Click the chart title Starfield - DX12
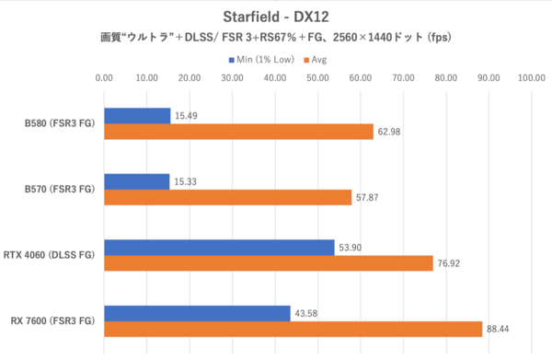click(x=275, y=17)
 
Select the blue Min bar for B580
click(x=137, y=115)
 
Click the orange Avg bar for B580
click(x=238, y=132)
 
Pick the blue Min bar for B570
click(x=137, y=181)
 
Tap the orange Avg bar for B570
click(x=227, y=197)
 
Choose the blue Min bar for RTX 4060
click(x=219, y=247)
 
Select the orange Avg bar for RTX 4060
click(x=269, y=263)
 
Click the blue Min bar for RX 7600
click(x=197, y=313)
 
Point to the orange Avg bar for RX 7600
click(x=293, y=329)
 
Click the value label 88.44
click(x=500, y=329)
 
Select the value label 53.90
click(x=353, y=247)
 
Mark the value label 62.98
click(x=391, y=132)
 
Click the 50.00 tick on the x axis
click(x=317, y=78)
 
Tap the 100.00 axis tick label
click(x=531, y=78)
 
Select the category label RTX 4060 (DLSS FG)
click(x=53, y=255)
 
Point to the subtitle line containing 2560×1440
click(x=275, y=39)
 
